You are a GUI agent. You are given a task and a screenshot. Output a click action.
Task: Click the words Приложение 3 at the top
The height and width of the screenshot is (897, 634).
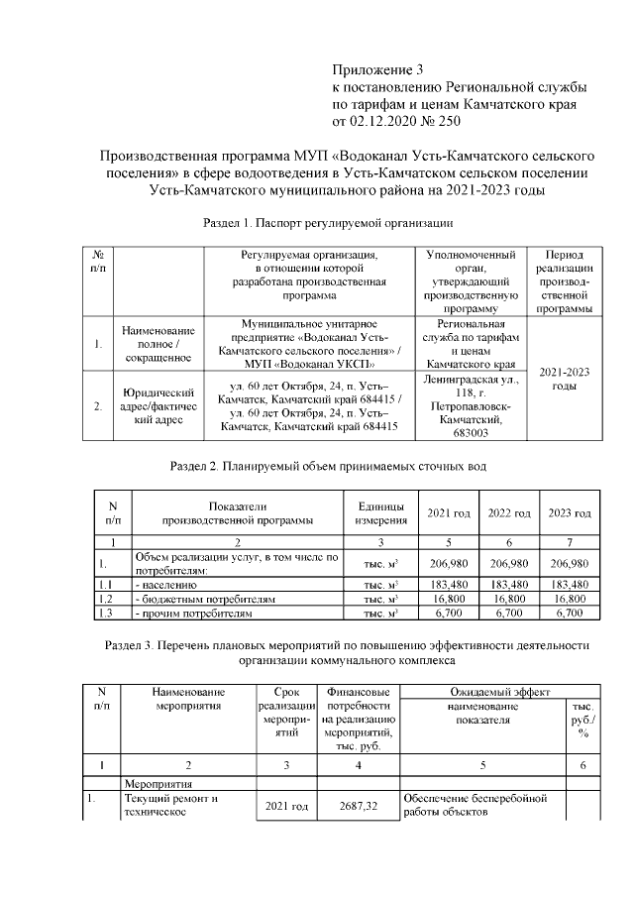point(376,70)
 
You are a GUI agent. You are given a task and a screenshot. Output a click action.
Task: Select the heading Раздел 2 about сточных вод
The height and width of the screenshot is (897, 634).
point(328,464)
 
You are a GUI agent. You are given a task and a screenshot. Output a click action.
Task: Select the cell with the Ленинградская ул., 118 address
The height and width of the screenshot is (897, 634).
point(471,404)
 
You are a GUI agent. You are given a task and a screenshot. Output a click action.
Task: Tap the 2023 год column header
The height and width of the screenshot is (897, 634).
point(569,512)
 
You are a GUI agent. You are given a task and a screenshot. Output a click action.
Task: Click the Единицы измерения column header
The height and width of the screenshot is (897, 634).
point(381,512)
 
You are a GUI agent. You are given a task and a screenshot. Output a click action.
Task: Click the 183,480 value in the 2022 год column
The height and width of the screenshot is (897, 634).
point(508,585)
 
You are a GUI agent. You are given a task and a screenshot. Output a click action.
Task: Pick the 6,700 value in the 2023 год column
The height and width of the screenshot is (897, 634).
point(569,615)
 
